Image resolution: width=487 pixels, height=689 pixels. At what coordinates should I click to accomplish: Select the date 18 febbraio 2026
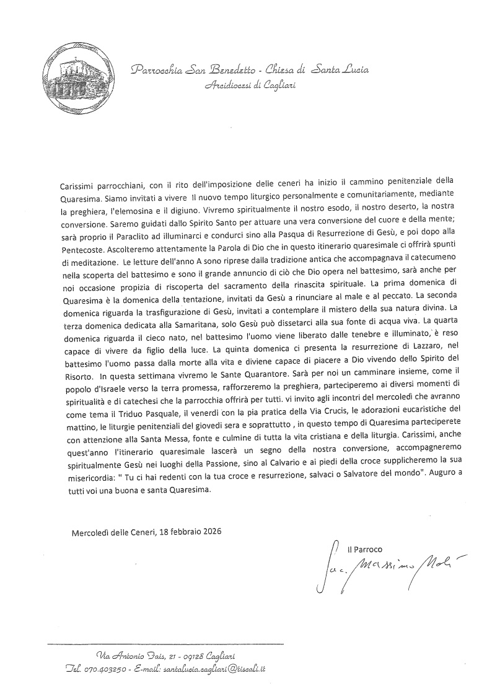182,532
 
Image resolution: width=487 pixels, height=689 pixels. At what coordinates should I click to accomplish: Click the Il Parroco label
365,549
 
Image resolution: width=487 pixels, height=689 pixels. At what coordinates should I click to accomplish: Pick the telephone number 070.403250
109,669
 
